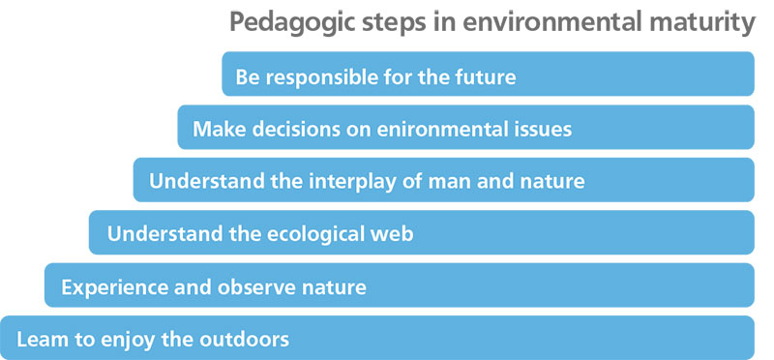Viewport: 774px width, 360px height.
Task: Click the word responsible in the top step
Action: coord(315,75)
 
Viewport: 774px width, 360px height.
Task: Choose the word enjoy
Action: coord(133,342)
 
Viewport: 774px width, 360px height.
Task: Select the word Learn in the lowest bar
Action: coord(38,341)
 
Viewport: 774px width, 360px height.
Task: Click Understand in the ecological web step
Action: coord(155,234)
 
